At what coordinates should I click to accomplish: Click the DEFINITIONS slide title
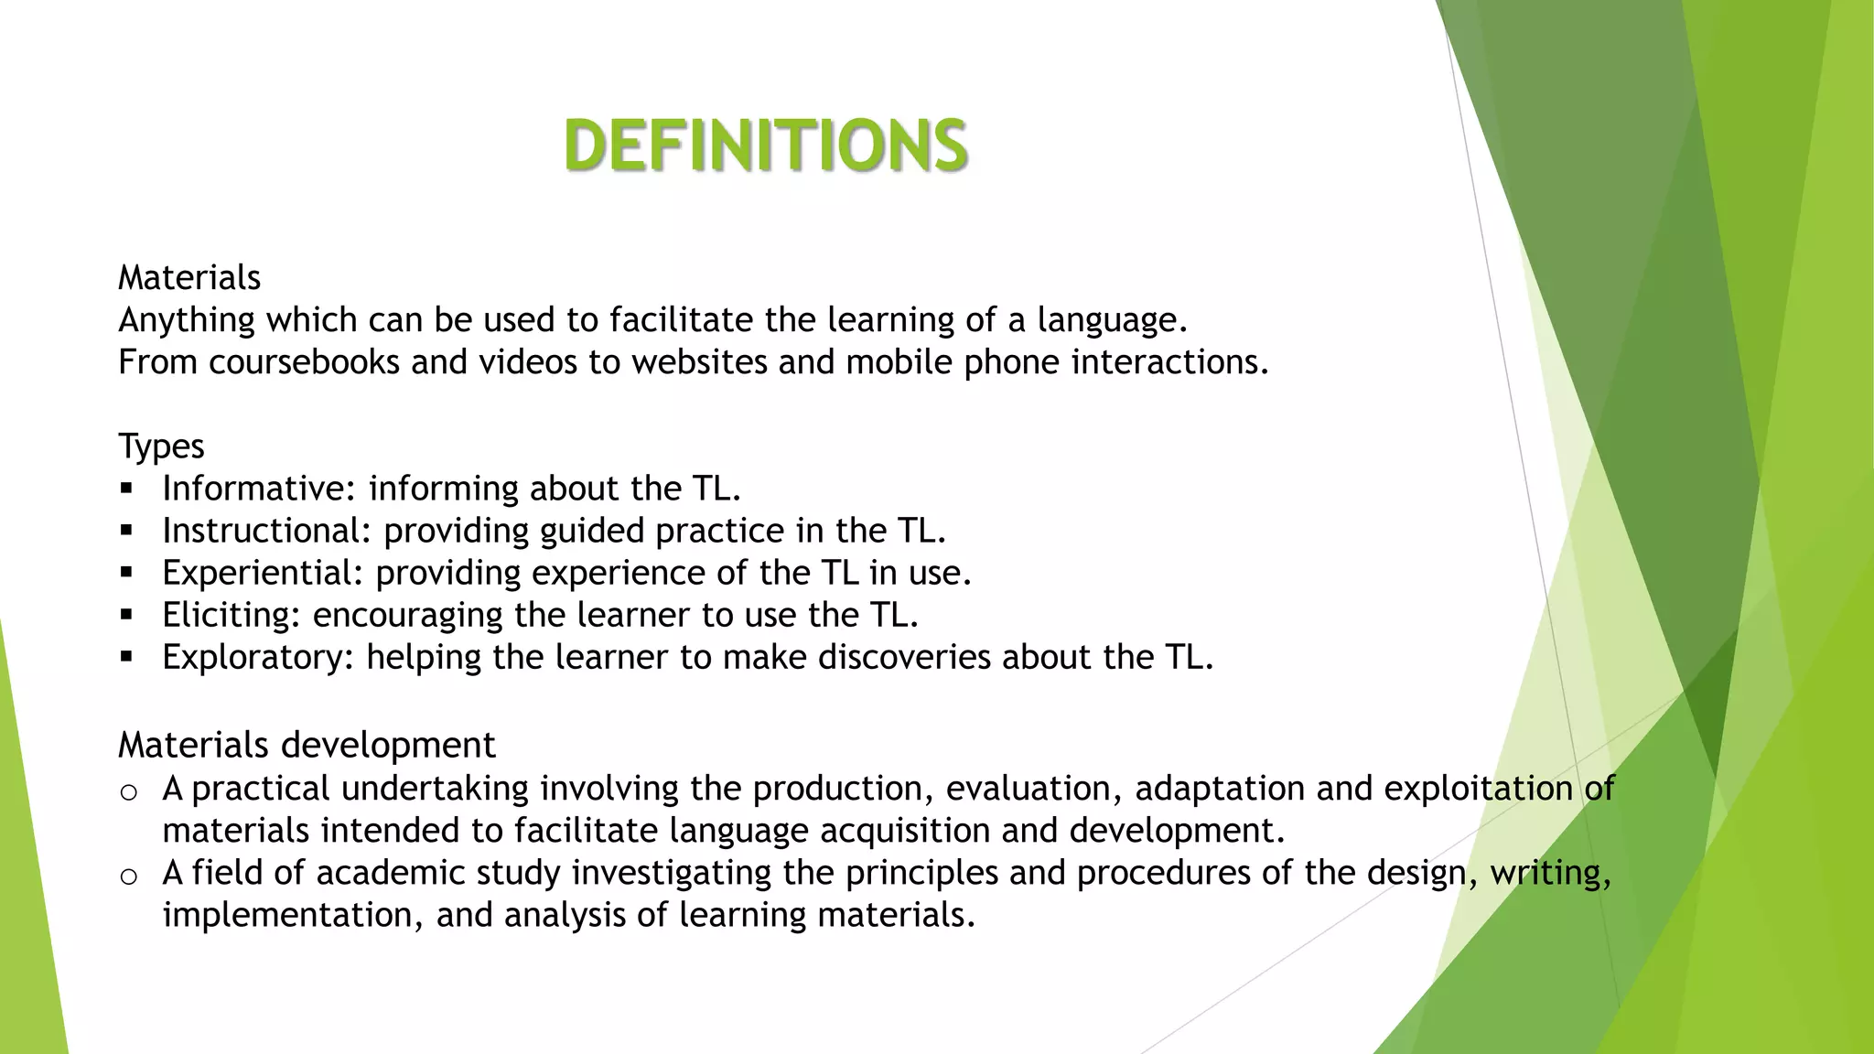766,145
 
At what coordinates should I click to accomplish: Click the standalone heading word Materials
189,278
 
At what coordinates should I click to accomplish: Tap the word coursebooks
304,363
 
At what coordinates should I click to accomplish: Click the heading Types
161,447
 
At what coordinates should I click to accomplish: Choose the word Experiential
263,573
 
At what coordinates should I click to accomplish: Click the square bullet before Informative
126,489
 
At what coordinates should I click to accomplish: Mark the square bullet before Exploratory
126,657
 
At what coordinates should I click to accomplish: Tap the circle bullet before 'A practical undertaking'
129,792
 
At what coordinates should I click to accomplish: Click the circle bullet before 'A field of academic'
129,877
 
